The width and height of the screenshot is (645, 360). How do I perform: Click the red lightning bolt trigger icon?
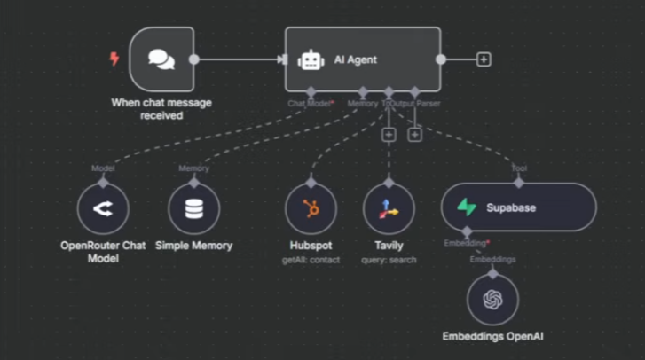(114, 59)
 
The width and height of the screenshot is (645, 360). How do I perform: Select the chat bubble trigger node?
(161, 59)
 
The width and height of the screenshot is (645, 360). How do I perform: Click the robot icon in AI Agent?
(311, 59)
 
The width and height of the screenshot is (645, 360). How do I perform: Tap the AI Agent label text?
(356, 59)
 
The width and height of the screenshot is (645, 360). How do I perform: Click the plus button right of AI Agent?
(484, 59)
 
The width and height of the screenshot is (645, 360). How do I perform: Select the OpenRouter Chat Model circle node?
(103, 209)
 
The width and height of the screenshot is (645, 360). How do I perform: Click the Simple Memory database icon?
(193, 209)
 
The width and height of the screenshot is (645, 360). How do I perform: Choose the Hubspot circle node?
(311, 209)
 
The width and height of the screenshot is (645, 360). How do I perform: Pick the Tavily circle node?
(389, 209)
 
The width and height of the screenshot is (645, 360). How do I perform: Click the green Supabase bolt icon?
(467, 207)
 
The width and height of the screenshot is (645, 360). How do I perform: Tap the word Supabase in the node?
(510, 207)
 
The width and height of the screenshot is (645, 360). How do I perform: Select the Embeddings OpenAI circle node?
(492, 300)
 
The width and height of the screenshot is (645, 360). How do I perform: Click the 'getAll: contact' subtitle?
(311, 260)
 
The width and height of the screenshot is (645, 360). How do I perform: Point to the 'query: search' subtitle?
(389, 260)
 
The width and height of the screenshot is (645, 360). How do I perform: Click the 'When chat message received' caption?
(161, 108)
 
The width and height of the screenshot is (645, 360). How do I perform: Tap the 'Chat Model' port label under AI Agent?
(308, 103)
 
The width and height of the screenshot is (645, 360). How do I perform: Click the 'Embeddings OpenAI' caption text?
(492, 337)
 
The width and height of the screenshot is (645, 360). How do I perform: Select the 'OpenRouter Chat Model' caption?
(103, 251)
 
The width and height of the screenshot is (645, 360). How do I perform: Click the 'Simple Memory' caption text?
(193, 245)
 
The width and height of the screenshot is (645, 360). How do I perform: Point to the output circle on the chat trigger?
(194, 59)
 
